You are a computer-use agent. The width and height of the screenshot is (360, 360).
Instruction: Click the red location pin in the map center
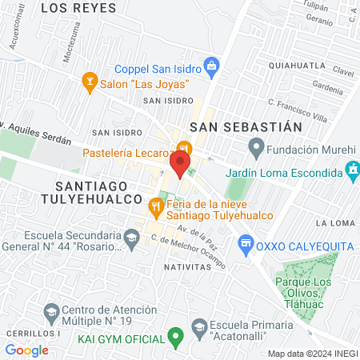tap(179, 164)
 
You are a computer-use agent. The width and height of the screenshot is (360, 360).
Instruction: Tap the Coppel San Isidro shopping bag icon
tap(211, 65)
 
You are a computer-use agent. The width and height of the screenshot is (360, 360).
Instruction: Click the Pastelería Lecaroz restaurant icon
tap(184, 148)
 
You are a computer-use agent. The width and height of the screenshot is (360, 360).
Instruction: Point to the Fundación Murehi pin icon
tap(256, 147)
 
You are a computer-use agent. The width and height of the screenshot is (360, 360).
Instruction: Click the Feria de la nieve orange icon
tap(156, 208)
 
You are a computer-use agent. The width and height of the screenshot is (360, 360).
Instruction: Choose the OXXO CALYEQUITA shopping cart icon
tap(246, 242)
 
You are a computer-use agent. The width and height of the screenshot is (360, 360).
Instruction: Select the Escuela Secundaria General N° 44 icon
tap(130, 238)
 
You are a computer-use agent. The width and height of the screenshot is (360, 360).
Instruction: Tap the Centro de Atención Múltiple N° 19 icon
tap(51, 310)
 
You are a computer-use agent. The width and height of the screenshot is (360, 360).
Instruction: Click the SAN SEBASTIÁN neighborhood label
tap(246, 126)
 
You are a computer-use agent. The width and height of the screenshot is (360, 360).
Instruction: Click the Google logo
tap(26, 350)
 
